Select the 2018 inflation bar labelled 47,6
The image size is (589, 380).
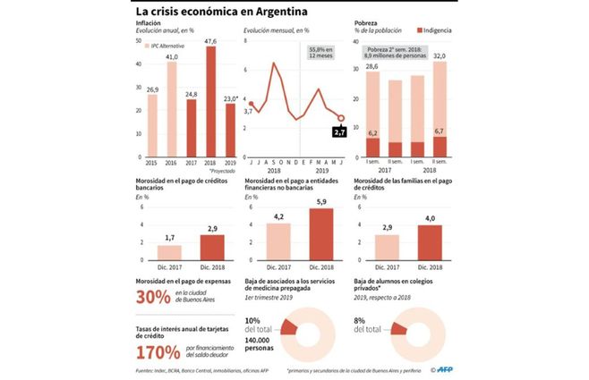pyautogui.click(x=210, y=103)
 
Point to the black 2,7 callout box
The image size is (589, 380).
pyautogui.click(x=339, y=132)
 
